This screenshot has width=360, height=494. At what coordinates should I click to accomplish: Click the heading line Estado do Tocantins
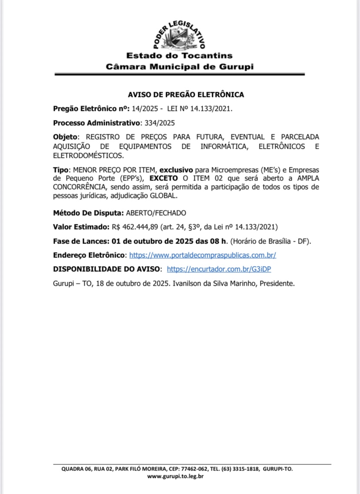179,56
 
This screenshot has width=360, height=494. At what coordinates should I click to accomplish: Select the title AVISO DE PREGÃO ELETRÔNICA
186,94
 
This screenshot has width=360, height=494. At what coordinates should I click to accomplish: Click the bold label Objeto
67,137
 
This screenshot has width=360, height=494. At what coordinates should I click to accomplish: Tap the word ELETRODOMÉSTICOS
88,155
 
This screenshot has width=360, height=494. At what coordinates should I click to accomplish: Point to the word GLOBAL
164,196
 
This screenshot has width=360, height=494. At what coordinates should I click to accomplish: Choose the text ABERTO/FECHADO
156,213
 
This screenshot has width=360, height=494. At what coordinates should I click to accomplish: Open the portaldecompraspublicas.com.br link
203,255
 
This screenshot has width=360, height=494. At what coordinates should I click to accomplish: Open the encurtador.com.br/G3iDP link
219,269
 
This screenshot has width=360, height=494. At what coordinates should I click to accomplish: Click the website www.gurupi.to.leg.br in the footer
175,476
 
